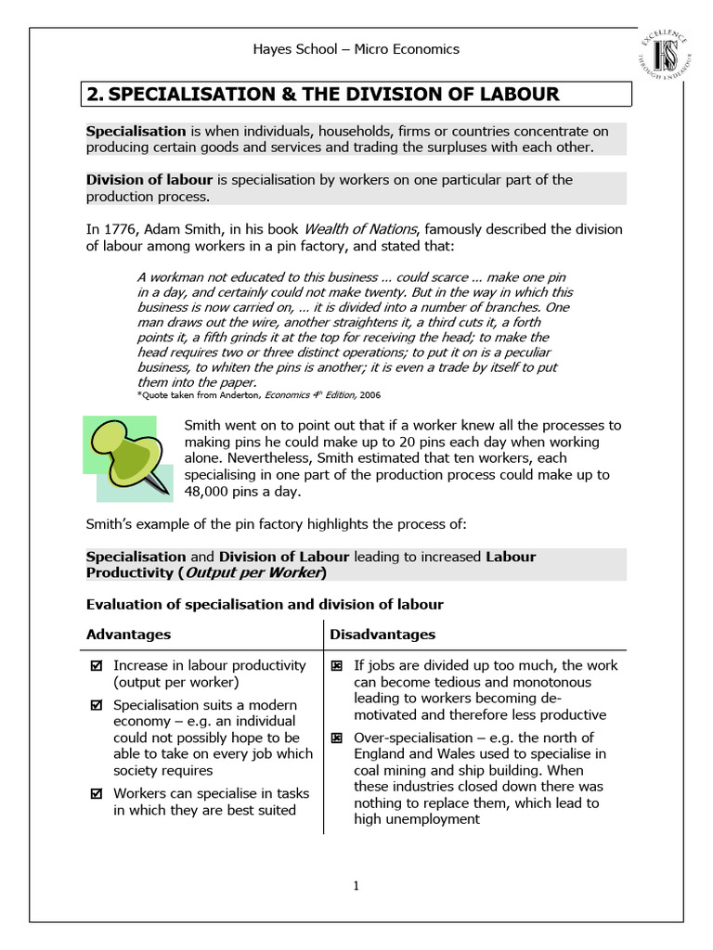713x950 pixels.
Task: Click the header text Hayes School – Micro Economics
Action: (356, 49)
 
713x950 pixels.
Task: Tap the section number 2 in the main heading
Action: (94, 94)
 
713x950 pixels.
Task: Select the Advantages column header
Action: (128, 635)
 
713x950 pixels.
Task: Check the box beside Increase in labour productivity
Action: (97, 666)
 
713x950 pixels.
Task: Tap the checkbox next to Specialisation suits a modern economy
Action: (97, 705)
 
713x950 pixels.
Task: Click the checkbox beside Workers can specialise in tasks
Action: (97, 794)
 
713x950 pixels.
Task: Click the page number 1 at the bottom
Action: (356, 886)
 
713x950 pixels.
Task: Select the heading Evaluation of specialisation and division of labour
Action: (265, 605)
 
